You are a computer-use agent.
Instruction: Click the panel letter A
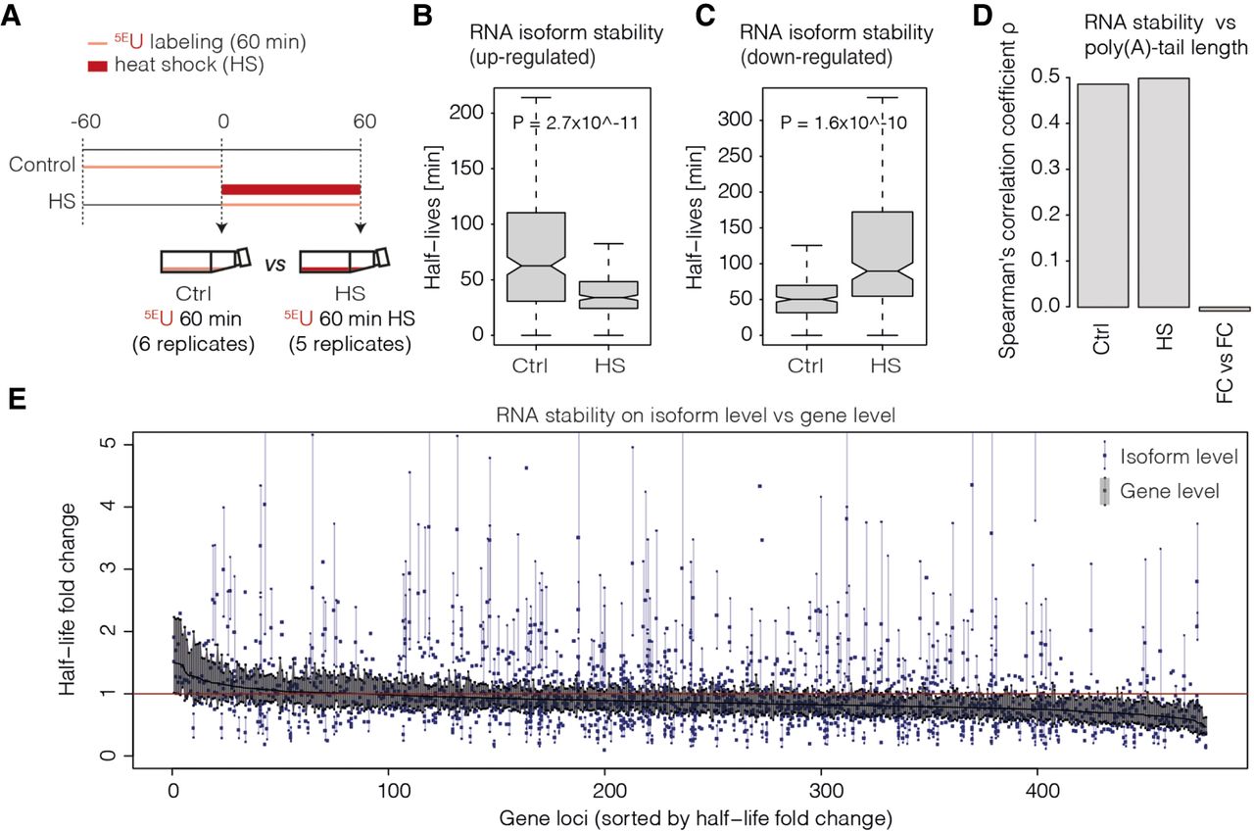click(11, 16)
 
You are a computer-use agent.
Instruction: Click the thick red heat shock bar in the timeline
click(291, 190)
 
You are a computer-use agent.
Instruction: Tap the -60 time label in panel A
click(85, 121)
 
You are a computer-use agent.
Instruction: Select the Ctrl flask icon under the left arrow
click(206, 261)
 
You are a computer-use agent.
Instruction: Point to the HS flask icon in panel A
click(344, 261)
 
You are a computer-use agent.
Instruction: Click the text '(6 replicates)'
click(193, 343)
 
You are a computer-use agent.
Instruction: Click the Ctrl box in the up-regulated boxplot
click(536, 257)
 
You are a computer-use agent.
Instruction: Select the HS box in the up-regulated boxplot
click(608, 295)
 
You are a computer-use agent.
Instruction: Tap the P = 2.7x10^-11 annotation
click(575, 122)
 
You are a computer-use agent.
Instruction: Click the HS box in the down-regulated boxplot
click(883, 254)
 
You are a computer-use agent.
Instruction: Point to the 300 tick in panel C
click(735, 120)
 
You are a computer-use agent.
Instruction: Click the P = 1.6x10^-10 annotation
click(844, 122)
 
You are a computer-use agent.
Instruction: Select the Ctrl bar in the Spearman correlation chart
click(1103, 195)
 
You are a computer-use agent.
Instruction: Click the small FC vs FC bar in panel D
click(1225, 309)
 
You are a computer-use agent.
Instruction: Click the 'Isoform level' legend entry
click(1170, 457)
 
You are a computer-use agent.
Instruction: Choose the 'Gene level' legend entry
click(1161, 491)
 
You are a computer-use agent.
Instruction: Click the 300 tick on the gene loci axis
click(821, 791)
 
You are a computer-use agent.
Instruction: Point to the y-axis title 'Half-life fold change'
click(68, 599)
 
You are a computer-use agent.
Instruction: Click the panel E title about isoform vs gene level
click(696, 415)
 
